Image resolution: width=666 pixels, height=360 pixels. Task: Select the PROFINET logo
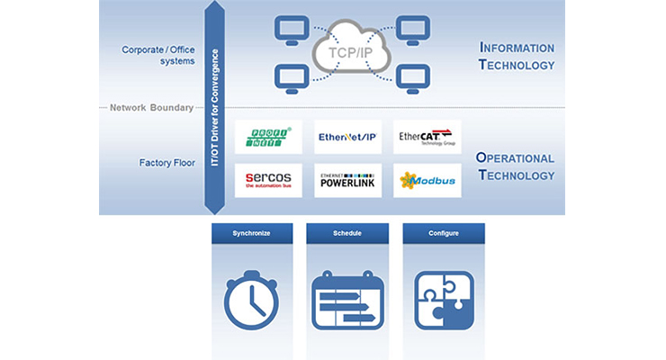pos(268,138)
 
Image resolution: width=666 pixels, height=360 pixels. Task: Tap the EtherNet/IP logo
pos(347,138)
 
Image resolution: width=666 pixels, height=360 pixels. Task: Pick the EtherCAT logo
pos(427,138)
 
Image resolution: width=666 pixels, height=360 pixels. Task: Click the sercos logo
pos(268,180)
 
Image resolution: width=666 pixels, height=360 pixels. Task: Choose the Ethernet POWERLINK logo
pos(347,180)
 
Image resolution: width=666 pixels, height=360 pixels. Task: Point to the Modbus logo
pos(427,180)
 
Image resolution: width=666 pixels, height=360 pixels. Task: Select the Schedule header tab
pos(347,233)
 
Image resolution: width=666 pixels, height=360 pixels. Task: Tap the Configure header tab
pos(444,233)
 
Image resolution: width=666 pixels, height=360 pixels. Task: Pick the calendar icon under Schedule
pos(347,300)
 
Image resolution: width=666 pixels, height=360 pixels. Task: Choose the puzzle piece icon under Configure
pos(444,300)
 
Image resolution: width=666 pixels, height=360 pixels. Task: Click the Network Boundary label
pos(151,108)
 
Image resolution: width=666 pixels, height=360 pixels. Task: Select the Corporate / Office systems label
pos(158,56)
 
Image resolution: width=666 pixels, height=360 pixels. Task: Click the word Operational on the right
pos(516,157)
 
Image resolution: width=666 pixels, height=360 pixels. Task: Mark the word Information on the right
pos(517,47)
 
